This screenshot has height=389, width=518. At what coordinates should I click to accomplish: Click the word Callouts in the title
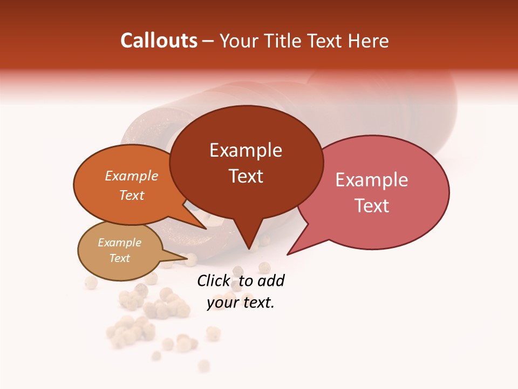tap(159, 41)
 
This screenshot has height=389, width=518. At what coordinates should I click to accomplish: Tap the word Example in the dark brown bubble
tap(246, 150)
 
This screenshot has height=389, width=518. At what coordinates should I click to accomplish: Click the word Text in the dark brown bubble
tap(246, 176)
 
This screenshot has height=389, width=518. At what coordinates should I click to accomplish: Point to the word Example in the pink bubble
tap(372, 180)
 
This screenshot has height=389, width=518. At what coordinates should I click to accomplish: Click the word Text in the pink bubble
tap(372, 206)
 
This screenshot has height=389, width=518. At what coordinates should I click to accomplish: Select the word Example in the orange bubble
tap(131, 176)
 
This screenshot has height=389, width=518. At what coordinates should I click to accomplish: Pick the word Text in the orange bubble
tap(131, 196)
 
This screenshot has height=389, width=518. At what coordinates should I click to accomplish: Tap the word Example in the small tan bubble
tap(119, 243)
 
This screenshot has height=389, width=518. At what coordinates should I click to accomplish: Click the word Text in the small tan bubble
tap(119, 258)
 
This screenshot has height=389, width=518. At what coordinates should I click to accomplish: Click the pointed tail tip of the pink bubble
tap(288, 254)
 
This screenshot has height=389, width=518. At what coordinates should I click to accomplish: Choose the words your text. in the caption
tap(241, 303)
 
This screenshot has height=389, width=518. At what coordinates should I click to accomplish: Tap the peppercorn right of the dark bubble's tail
tap(264, 267)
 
